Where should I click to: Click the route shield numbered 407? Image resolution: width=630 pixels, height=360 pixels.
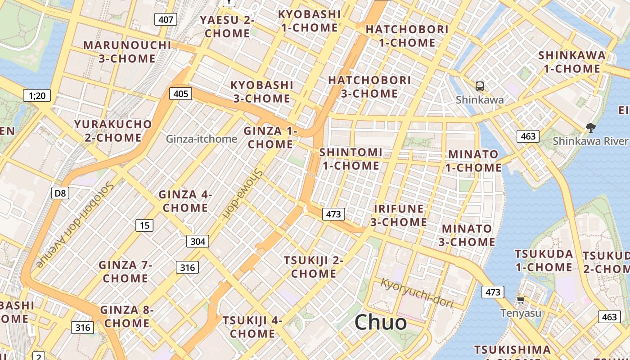166,19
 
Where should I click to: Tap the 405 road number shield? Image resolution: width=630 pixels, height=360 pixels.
180,94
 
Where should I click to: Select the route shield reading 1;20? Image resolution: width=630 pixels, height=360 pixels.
37,95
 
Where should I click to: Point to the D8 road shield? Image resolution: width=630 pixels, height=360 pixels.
60,193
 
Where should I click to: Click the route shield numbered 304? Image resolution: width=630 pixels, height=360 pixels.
198,241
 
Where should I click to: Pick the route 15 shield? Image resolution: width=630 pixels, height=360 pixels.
144,225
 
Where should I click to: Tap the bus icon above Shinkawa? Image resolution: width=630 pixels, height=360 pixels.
480,86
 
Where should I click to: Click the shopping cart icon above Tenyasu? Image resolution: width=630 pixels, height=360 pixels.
521,300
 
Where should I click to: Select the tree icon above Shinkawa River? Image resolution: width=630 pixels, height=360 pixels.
590,128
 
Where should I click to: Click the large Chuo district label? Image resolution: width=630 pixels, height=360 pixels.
380,322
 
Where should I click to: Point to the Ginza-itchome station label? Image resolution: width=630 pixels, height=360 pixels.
202,139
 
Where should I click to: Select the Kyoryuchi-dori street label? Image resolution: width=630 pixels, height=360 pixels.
417,293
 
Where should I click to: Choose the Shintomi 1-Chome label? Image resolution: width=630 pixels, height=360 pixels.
351,159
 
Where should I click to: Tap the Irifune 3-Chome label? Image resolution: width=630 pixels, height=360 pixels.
399,215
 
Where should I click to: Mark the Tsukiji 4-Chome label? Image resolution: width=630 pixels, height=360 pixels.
252,327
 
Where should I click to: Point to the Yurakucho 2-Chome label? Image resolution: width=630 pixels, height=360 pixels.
113,130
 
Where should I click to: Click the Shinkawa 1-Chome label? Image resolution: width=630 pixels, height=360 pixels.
572,62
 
